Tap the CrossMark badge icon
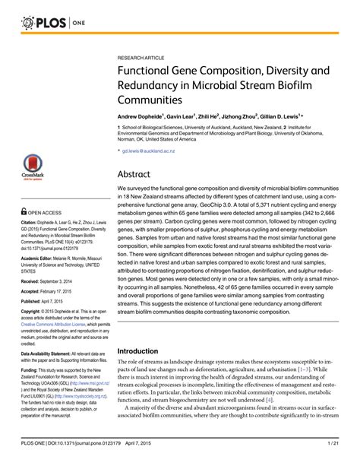31,169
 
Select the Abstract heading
139,174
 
